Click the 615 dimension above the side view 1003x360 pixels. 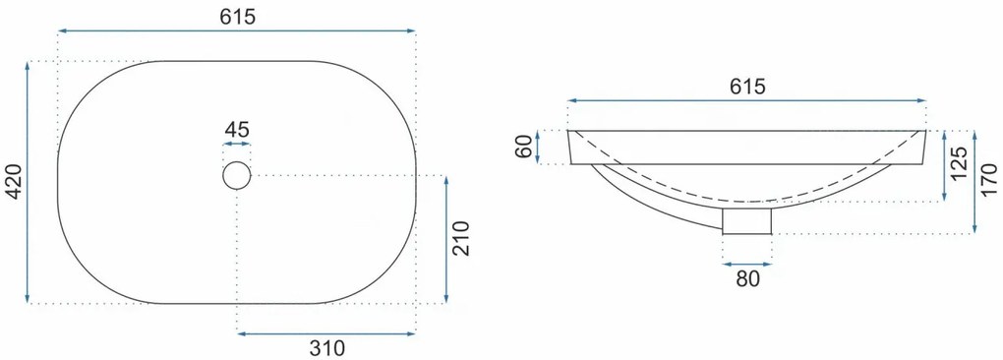coord(747,87)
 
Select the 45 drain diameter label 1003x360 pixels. coord(237,129)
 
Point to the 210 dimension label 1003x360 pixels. coord(461,238)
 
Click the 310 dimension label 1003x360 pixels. coord(326,348)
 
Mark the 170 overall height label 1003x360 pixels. coord(988,182)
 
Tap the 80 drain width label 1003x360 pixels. coord(747,278)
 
